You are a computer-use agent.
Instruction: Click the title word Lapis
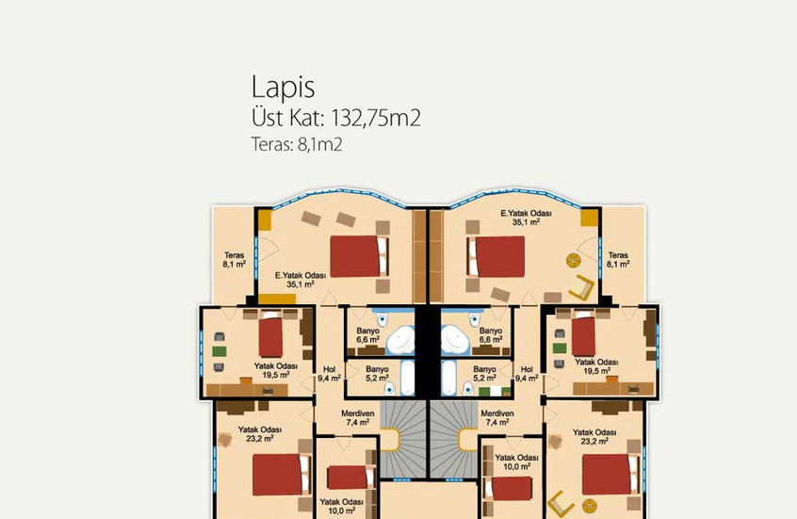[x=283, y=87]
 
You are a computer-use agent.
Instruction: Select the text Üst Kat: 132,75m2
[x=335, y=119]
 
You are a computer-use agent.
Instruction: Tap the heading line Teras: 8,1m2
[x=295, y=145]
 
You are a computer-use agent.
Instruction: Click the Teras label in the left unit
[x=234, y=260]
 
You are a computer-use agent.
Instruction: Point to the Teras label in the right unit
[x=618, y=260]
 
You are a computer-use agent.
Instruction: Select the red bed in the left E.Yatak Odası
[x=359, y=254]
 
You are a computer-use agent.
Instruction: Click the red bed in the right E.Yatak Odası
[x=496, y=255]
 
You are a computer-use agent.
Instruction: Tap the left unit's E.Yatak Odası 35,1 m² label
[x=301, y=279]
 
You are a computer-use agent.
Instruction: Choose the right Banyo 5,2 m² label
[x=484, y=374]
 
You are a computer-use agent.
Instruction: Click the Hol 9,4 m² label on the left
[x=329, y=374]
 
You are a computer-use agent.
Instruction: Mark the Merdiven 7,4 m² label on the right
[x=497, y=418]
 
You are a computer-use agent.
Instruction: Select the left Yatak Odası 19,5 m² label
[x=276, y=369]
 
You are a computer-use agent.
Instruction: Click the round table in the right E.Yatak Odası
[x=571, y=260]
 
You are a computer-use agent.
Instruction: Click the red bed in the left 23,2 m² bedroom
[x=280, y=475]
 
